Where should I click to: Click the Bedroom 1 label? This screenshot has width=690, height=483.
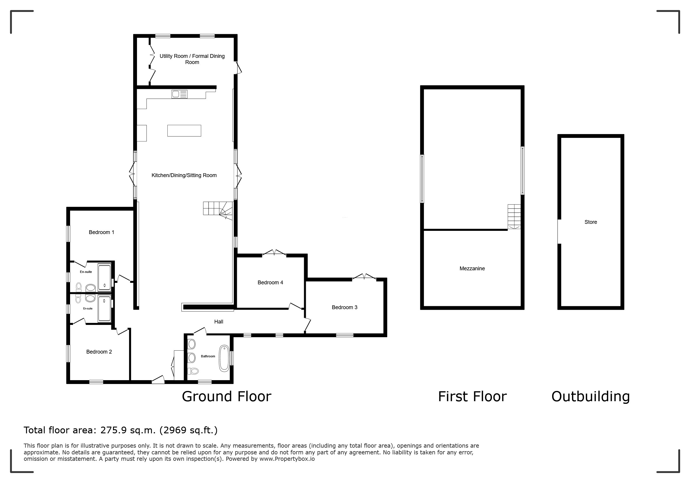pyautogui.click(x=101, y=232)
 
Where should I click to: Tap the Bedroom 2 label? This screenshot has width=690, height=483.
pyautogui.click(x=99, y=352)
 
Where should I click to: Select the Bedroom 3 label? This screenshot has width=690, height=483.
pyautogui.click(x=344, y=307)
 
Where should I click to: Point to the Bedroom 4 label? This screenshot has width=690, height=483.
pyautogui.click(x=270, y=283)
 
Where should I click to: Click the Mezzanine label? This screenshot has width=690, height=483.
pyautogui.click(x=472, y=269)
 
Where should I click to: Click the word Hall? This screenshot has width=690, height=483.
pyautogui.click(x=219, y=322)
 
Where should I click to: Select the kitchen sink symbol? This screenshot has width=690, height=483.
pyautogui.click(x=179, y=94)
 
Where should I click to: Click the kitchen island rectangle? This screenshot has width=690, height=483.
pyautogui.click(x=184, y=131)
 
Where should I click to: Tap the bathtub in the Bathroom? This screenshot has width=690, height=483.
pyautogui.click(x=224, y=359)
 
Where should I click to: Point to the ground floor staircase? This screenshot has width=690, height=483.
pyautogui.click(x=218, y=210)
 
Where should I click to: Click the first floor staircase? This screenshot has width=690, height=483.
pyautogui.click(x=514, y=217)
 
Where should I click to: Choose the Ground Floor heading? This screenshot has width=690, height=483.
pyautogui.click(x=227, y=397)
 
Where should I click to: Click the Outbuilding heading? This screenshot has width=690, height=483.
pyautogui.click(x=590, y=397)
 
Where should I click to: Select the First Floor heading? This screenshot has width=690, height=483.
pyautogui.click(x=472, y=397)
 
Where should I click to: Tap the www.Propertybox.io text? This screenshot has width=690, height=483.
pyautogui.click(x=287, y=459)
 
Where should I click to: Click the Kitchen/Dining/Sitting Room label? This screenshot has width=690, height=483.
pyautogui.click(x=184, y=176)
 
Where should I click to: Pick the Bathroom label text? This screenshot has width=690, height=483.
pyautogui.click(x=208, y=356)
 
